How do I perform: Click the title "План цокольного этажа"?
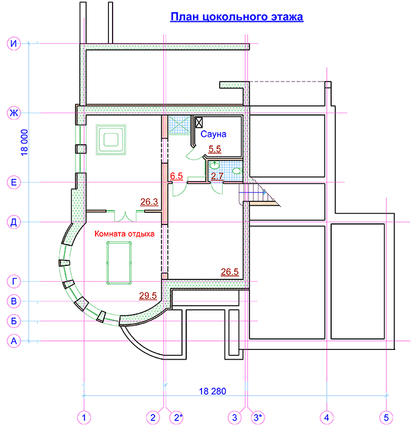[x=237, y=17]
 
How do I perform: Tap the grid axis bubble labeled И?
[x=13, y=43]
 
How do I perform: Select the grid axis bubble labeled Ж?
[x=13, y=113]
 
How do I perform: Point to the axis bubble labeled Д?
[x=13, y=222]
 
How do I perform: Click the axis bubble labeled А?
[x=13, y=341]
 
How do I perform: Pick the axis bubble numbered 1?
[x=84, y=417]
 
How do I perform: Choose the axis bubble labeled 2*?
[x=177, y=417]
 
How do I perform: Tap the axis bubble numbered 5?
[x=386, y=417]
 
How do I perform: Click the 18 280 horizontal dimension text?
[x=212, y=391]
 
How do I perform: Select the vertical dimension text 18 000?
[x=24, y=142]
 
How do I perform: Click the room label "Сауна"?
[x=214, y=134]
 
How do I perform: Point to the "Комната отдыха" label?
[x=125, y=234]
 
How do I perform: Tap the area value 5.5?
[x=215, y=149]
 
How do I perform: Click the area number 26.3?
[x=149, y=202]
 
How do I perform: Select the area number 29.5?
[x=148, y=296]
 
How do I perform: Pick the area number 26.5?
[x=229, y=272]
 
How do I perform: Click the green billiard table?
[x=119, y=263]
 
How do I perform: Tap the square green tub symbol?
[x=111, y=139]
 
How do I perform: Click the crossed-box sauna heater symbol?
[x=199, y=122]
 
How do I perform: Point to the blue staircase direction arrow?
[x=253, y=192]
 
